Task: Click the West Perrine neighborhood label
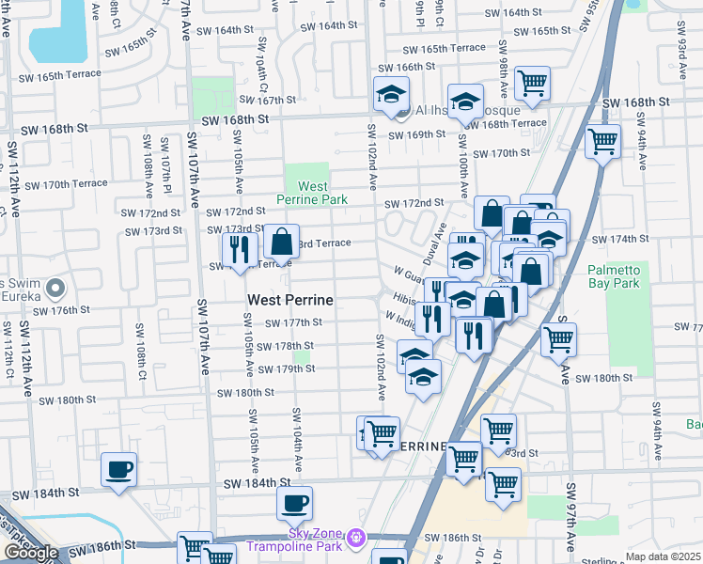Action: [x=291, y=300]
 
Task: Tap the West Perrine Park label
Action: [x=312, y=193]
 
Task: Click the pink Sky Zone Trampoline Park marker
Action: [x=355, y=539]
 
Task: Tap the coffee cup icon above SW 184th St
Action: [x=118, y=469]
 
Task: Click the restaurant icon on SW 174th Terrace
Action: [x=240, y=249]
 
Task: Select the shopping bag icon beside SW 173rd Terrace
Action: [x=281, y=243]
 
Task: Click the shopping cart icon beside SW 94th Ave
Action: [x=602, y=142]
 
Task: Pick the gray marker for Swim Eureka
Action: [x=55, y=288]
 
